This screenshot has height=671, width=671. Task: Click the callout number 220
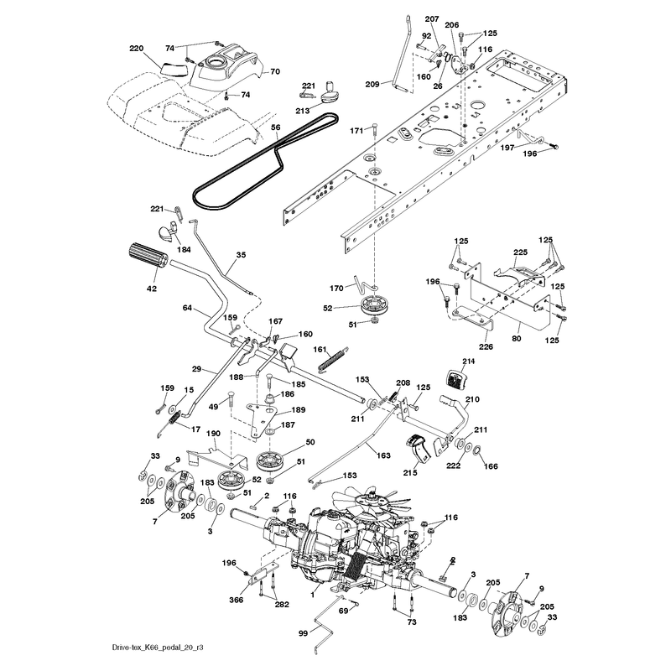137,49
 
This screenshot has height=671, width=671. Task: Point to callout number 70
275,71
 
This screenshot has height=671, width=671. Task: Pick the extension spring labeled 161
333,360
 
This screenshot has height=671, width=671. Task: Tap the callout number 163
383,455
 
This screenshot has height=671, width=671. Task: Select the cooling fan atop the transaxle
374,497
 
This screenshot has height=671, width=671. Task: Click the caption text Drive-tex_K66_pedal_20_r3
158,647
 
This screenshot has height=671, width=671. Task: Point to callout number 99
303,633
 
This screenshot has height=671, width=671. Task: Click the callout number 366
237,600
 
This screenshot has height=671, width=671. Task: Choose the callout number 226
486,346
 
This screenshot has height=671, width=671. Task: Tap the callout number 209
372,85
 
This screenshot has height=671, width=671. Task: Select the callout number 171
357,131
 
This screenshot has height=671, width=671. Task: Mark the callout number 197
507,148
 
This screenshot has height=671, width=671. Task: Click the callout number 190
213,434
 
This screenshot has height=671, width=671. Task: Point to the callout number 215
410,472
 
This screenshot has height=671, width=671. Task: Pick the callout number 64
187,308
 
